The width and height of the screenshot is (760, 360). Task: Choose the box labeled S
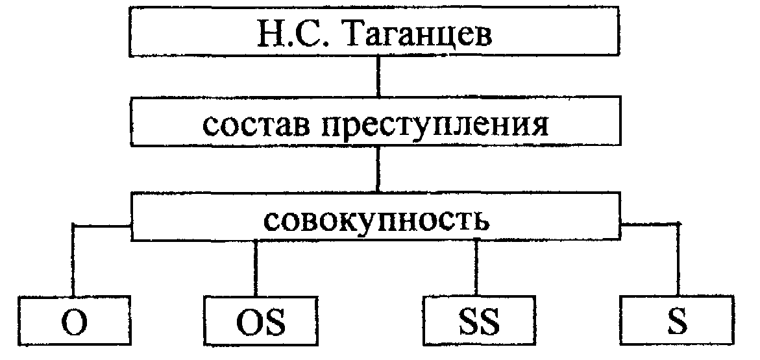679,322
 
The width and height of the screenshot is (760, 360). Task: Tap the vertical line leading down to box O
74,259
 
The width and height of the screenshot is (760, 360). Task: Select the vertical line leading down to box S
679,259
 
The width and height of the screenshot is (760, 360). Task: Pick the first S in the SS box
465,323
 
